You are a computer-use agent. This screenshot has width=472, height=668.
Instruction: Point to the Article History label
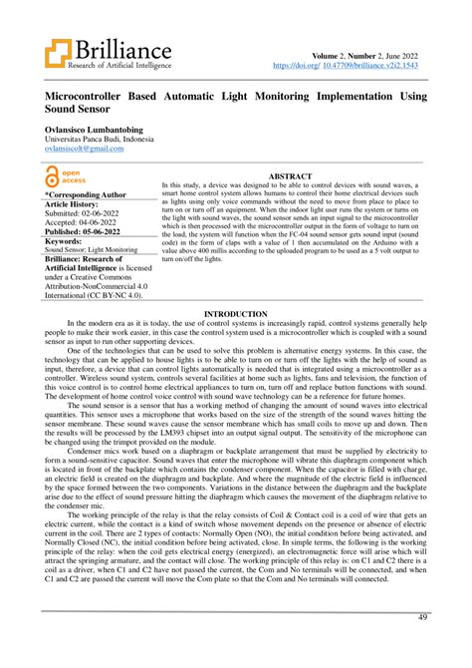[x=80, y=202]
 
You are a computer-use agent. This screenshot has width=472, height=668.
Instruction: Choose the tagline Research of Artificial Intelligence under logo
[x=119, y=66]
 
